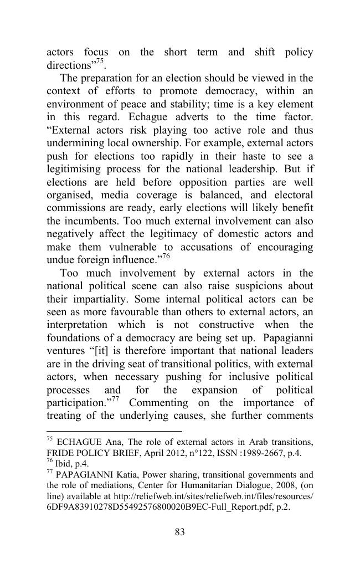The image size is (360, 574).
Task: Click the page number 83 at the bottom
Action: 179,532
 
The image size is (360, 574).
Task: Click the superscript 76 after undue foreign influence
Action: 166,255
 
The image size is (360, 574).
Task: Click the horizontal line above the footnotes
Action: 114,430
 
